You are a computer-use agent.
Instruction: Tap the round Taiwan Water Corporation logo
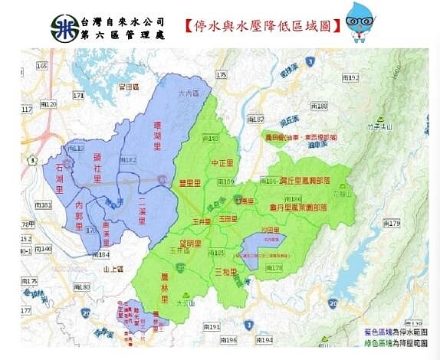(x=63, y=29)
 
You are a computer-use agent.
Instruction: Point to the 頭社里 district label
(x=97, y=161)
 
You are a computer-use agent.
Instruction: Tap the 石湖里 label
(x=59, y=172)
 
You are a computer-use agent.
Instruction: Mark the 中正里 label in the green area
(x=222, y=163)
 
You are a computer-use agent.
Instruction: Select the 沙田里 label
(x=268, y=231)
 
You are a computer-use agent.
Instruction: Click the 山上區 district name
(x=113, y=269)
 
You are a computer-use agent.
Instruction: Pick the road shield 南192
(x=350, y=78)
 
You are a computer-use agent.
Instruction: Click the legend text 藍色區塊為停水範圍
(x=395, y=332)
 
